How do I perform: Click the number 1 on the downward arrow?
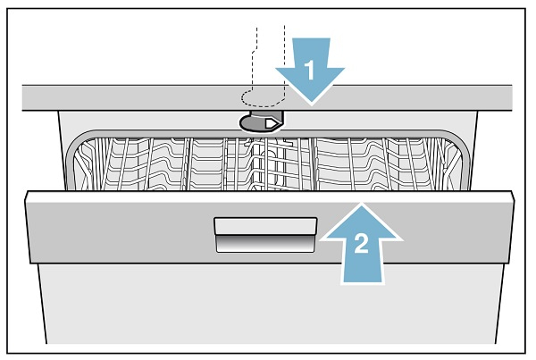coord(309,70)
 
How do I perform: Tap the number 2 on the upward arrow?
coord(361,243)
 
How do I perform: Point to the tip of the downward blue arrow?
coord(311,104)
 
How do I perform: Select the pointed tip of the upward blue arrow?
coord(361,204)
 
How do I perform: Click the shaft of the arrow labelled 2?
coord(362,261)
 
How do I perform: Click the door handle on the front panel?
coord(265,235)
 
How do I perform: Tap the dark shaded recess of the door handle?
coord(265,244)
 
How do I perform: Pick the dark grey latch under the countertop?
coord(262,121)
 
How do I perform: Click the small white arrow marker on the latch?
coord(272,123)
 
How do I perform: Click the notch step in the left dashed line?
coord(255,52)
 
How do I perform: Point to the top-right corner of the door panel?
coord(513,193)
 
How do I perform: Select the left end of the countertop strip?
coord(23,97)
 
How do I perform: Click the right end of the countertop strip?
coord(512,97)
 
